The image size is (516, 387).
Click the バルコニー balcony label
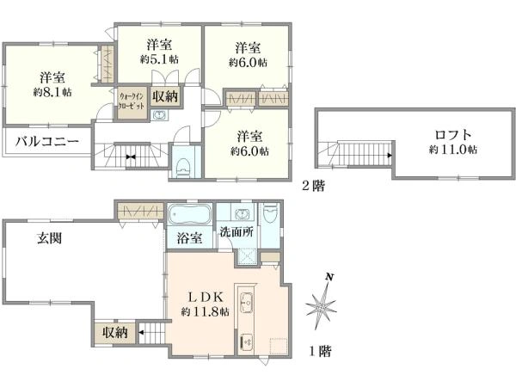[47, 142]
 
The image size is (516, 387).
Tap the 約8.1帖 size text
[52, 93]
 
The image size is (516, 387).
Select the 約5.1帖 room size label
[160, 59]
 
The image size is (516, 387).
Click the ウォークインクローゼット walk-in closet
[132, 101]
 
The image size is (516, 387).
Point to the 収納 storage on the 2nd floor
[165, 96]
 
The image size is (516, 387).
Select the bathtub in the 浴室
[189, 214]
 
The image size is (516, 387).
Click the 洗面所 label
[237, 231]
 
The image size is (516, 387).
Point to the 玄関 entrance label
[49, 238]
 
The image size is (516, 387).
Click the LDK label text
[206, 298]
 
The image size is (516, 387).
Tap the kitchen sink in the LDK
[246, 302]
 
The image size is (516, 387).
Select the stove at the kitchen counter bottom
[246, 342]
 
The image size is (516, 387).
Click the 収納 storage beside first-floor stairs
[114, 333]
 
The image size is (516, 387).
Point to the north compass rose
[321, 304]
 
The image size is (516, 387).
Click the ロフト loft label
[453, 135]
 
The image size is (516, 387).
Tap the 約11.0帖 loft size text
[453, 150]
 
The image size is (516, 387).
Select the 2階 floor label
[314, 187]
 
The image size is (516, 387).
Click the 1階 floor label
[320, 351]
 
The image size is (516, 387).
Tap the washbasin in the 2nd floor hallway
[160, 115]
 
